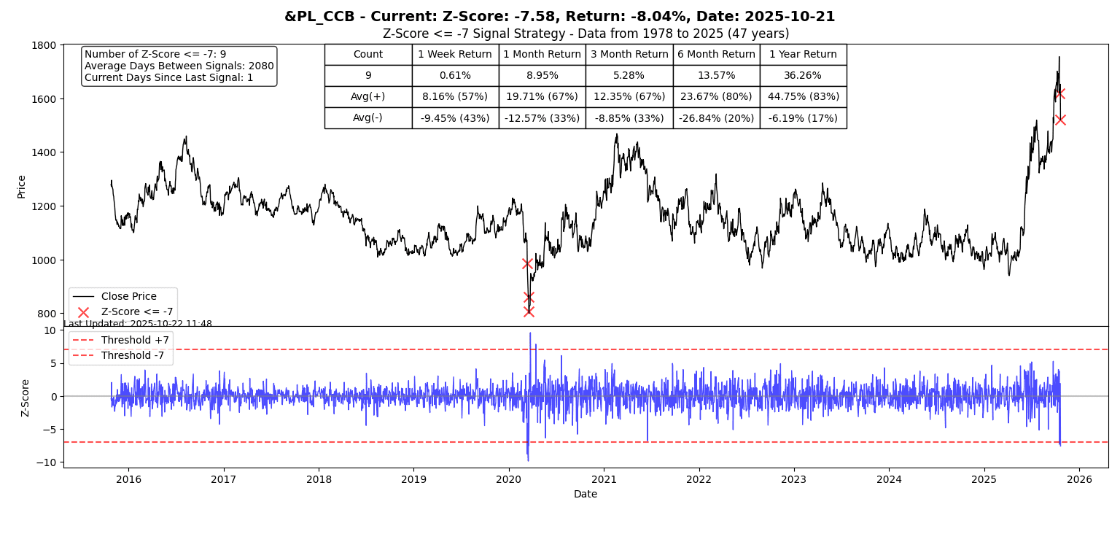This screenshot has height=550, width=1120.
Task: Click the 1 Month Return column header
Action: tap(542, 55)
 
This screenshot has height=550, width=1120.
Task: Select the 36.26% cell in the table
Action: tap(803, 76)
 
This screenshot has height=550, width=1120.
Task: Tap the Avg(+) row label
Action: tap(367, 97)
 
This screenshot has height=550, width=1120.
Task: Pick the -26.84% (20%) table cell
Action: tap(716, 118)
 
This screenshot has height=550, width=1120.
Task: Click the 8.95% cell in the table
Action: tap(542, 76)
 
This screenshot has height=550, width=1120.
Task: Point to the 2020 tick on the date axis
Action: tap(508, 479)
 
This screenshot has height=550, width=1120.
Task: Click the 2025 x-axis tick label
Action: tap(984, 479)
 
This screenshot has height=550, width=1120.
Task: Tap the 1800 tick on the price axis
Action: tap(45, 45)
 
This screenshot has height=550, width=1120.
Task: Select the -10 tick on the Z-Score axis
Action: tap(49, 462)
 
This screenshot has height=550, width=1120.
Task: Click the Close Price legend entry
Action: tap(128, 297)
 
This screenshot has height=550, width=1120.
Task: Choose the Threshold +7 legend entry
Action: tap(135, 341)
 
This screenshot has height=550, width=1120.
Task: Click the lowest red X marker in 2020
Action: tap(529, 311)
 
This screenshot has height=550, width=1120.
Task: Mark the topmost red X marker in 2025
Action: tap(1059, 93)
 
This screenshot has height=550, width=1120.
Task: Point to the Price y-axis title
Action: tap(22, 186)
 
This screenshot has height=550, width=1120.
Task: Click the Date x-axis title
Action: tap(586, 495)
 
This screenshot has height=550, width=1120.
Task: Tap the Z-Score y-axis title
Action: tap(26, 398)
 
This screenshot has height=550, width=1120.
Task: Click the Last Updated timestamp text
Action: tap(138, 324)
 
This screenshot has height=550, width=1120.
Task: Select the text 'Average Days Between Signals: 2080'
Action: tap(179, 66)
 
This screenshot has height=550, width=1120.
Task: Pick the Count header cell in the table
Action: tap(367, 55)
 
